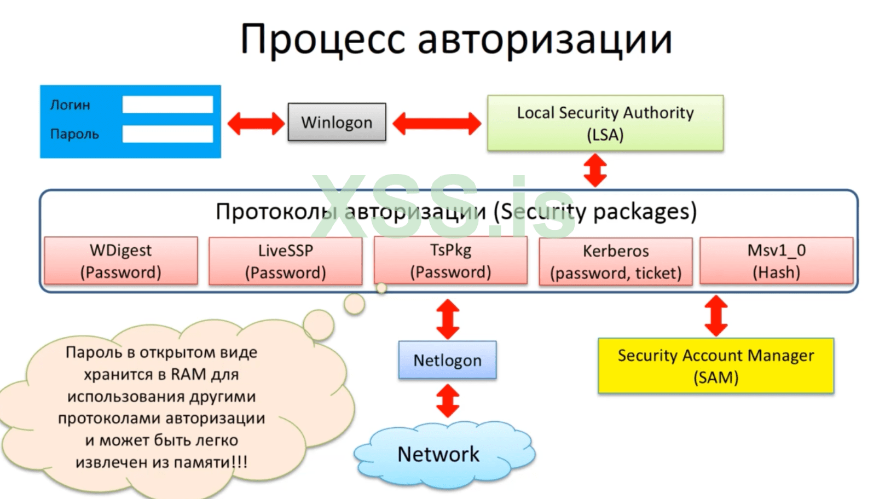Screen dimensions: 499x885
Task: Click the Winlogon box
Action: [337, 122]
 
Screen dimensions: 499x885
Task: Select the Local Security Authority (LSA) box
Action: [605, 123]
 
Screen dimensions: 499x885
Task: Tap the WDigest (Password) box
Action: [120, 261]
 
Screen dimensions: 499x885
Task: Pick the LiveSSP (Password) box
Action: [285, 262]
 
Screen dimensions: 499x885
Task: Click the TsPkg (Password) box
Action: [450, 261]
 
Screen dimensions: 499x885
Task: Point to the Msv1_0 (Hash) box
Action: [776, 261]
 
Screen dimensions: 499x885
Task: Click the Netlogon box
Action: [447, 360]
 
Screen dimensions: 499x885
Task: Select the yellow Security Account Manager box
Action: [716, 365]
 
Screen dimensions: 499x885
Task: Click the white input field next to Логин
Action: [167, 105]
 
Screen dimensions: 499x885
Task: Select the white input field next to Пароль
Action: [167, 134]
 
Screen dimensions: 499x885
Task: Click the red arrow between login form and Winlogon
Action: [256, 123]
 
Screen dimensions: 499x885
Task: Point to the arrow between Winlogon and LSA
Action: [437, 123]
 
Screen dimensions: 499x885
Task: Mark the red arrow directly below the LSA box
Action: [595, 170]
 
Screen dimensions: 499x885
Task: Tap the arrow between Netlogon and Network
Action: [448, 401]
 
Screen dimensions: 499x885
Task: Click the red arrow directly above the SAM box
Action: [716, 316]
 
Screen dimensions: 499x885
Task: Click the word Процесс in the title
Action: [322, 39]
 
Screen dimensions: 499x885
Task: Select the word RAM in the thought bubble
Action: [189, 374]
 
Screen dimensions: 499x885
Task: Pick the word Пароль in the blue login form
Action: [74, 134]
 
